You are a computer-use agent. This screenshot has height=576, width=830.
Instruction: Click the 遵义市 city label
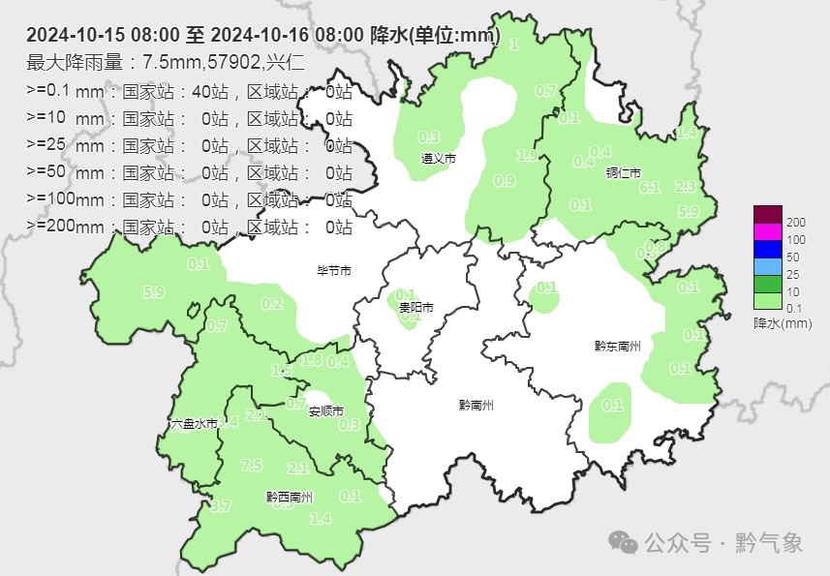438,157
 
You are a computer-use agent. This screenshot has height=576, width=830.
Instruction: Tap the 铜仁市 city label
623,173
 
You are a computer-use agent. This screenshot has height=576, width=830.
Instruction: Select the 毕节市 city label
334,271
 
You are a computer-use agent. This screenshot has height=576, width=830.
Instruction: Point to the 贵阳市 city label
415,308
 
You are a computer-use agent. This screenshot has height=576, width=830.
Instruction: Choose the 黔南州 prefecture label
476,406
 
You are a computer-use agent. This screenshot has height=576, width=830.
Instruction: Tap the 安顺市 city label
326,411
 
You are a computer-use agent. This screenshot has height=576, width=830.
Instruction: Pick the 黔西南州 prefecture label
289,498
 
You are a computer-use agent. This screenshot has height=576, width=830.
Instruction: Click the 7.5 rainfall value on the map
251,466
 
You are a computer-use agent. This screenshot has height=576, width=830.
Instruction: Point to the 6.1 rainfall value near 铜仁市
650,188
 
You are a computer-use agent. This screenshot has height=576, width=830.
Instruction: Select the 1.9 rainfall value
528,156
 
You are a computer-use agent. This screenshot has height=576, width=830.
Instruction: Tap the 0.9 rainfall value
504,181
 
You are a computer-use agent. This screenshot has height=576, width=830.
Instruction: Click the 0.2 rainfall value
272,304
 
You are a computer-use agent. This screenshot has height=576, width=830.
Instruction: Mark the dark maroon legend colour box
767,214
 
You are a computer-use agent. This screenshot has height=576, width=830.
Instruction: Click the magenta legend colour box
767,231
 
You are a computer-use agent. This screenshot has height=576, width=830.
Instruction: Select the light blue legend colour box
767,266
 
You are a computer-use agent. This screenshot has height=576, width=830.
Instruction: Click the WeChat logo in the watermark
630,543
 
